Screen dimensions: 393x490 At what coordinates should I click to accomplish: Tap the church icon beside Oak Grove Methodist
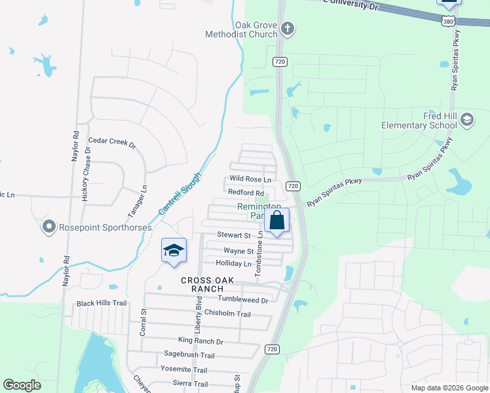click(288, 29)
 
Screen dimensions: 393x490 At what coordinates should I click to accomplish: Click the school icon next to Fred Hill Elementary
click(467, 120)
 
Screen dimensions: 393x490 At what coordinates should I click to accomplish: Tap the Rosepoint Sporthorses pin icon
click(48, 227)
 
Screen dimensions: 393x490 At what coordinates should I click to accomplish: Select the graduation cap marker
click(174, 251)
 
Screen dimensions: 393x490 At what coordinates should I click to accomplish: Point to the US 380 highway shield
click(447, 22)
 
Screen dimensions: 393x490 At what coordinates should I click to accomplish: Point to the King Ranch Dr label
click(200, 341)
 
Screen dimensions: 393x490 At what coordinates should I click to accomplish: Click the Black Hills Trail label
click(101, 303)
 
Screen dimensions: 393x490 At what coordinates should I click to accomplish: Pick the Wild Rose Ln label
click(250, 179)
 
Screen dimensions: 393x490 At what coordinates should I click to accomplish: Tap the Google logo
click(22, 384)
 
